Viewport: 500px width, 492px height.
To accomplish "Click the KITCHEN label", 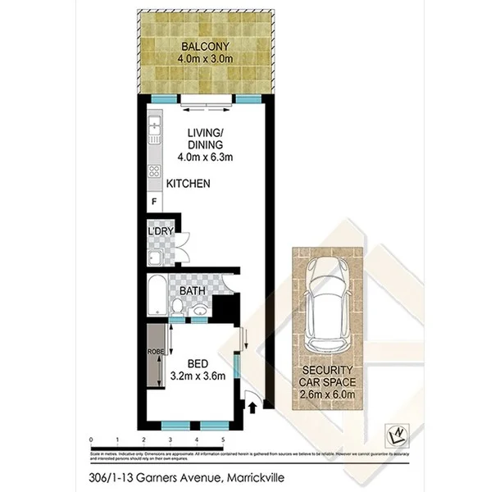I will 189,184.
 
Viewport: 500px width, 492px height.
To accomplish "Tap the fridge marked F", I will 153,202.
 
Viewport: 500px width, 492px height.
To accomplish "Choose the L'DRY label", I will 158,233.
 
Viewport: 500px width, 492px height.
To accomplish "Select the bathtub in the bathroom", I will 157,293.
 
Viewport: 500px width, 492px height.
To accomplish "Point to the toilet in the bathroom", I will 178,307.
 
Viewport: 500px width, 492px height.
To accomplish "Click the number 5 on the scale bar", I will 223,440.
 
